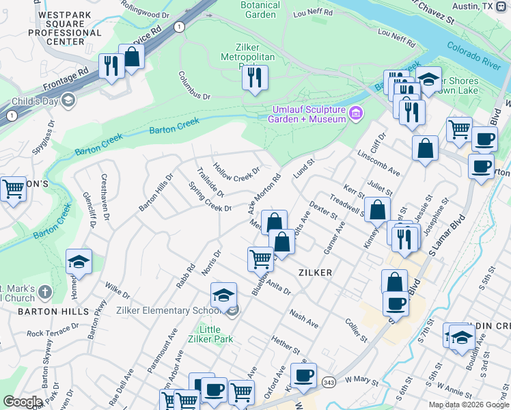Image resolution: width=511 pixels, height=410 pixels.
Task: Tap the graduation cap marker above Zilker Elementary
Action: (x=223, y=296)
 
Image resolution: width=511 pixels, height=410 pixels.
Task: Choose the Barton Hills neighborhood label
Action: (x=55, y=311)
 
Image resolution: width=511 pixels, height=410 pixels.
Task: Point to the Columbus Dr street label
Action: (x=195, y=85)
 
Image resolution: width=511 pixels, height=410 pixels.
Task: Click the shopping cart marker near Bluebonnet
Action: (x=260, y=259)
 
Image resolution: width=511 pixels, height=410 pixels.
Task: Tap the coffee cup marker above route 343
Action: (x=304, y=374)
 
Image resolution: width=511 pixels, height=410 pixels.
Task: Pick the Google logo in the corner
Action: (x=23, y=402)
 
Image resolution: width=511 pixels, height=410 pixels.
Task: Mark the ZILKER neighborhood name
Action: (x=315, y=272)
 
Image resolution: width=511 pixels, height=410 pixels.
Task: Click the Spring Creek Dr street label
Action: (x=210, y=197)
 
